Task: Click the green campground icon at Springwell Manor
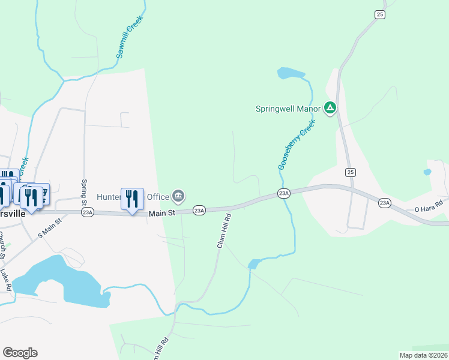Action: [x=330, y=108]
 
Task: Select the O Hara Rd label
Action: [x=428, y=206]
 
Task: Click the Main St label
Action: [x=161, y=212]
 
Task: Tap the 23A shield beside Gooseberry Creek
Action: [x=284, y=193]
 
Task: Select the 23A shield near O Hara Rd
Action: [x=385, y=203]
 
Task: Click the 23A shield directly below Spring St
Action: [x=88, y=212]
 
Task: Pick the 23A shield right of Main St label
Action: [x=199, y=210]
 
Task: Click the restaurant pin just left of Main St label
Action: [x=132, y=198]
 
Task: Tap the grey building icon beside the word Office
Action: [x=178, y=196]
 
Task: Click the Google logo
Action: [x=20, y=353]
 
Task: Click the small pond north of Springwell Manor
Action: [x=291, y=74]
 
